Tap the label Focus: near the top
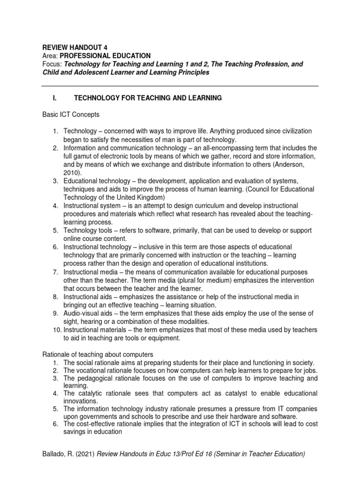point(52,64)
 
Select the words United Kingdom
point(142,197)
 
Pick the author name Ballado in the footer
point(54,454)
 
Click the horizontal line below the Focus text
point(180,86)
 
